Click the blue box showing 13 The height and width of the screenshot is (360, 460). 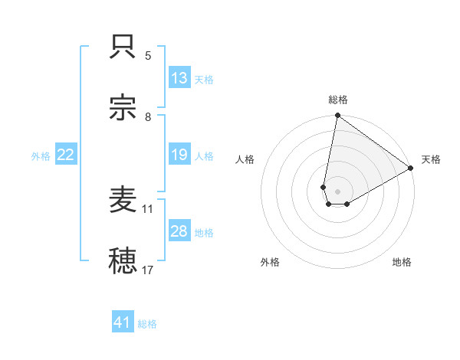(x=179, y=78)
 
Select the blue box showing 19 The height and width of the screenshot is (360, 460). (x=179, y=155)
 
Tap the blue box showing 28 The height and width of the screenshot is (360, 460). (x=179, y=231)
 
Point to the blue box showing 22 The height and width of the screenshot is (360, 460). (x=66, y=155)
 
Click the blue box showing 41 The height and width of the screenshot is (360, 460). (x=123, y=323)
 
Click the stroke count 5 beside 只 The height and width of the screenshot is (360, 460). (x=148, y=56)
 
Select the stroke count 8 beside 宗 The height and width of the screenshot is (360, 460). (x=148, y=117)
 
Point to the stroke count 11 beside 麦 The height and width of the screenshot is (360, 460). (x=148, y=208)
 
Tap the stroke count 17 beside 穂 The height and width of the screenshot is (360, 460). (x=148, y=270)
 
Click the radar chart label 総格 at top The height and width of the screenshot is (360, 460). (x=337, y=100)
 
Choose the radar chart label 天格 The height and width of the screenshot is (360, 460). (x=431, y=159)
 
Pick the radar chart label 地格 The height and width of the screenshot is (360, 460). (x=402, y=263)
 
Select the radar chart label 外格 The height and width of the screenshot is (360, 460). (x=270, y=263)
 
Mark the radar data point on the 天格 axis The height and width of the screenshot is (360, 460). (x=411, y=169)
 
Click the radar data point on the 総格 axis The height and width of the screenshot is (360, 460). (x=337, y=116)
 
